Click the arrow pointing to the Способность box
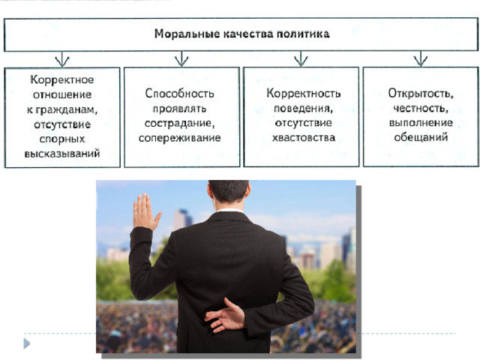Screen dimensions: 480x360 pyautogui.click(x=181, y=58)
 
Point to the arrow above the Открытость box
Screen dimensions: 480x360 pyautogui.click(x=421, y=58)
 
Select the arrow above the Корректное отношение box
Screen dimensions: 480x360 pyautogui.click(x=62, y=58)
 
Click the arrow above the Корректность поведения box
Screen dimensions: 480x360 pyautogui.click(x=301, y=58)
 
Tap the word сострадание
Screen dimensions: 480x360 pyautogui.click(x=180, y=123)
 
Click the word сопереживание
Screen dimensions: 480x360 pyautogui.click(x=180, y=138)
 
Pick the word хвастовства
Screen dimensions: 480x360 pyautogui.click(x=304, y=138)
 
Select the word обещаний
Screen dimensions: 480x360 pyautogui.click(x=421, y=137)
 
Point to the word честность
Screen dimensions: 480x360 pyautogui.click(x=421, y=108)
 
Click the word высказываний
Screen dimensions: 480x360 pyautogui.click(x=62, y=153)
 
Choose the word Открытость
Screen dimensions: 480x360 pyautogui.click(x=421, y=93)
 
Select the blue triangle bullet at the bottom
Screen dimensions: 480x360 pyautogui.click(x=27, y=343)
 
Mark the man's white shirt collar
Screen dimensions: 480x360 pyautogui.click(x=228, y=211)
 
